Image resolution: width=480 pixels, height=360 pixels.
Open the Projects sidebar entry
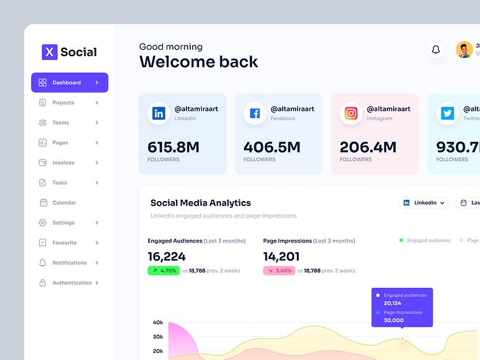tap(63, 103)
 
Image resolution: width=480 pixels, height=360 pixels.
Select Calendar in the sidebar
tap(64, 203)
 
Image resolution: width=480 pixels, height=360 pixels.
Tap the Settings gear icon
tap(43, 223)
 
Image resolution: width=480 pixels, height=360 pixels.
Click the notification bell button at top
tap(436, 50)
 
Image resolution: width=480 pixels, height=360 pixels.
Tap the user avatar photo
tap(464, 50)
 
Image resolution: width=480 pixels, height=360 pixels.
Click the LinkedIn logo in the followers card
tap(159, 114)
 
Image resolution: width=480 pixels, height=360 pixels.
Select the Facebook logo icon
tap(255, 114)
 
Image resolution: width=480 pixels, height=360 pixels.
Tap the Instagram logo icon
tap(351, 114)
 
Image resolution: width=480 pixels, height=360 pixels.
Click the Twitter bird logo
tap(447, 114)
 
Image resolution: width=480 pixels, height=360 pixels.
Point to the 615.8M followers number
tap(173, 147)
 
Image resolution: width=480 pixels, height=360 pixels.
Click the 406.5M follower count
tap(271, 147)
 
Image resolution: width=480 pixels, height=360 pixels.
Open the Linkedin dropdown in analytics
tap(424, 203)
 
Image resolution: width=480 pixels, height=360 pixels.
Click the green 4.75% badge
tap(163, 271)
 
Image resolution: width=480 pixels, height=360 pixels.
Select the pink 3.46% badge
tap(279, 271)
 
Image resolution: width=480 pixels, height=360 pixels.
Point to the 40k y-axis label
tap(158, 322)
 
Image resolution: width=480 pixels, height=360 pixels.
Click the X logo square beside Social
tap(50, 52)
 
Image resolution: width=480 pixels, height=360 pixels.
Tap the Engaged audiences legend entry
tap(425, 241)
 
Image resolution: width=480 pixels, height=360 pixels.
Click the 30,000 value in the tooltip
tap(393, 320)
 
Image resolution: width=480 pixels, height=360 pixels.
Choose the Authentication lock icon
tap(43, 283)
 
